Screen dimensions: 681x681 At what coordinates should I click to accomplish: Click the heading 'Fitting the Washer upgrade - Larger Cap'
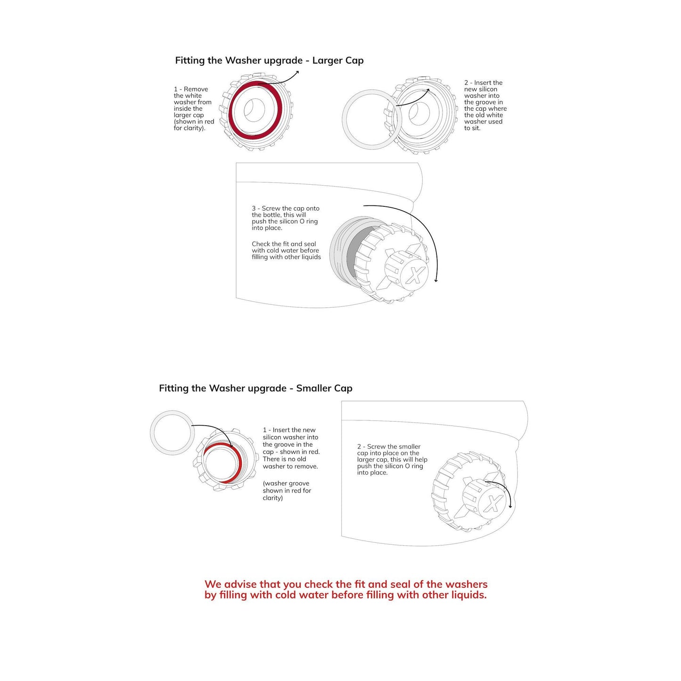[269, 60]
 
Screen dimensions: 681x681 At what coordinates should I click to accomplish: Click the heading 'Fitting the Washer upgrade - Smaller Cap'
[255, 388]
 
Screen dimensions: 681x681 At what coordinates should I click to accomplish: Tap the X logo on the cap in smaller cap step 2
[493, 504]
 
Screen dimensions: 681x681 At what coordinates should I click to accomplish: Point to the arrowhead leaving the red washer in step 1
[296, 72]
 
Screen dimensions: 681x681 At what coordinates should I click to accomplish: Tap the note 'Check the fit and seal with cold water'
[286, 251]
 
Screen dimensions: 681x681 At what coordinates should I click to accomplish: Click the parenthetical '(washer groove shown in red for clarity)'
[287, 491]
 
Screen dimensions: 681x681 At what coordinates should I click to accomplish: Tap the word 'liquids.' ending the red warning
[469, 595]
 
